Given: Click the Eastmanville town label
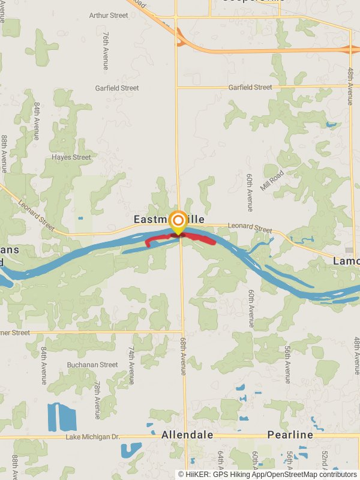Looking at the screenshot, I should click(x=173, y=220).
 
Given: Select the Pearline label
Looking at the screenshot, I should click(x=290, y=434).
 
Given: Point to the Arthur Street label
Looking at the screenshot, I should click(x=109, y=15).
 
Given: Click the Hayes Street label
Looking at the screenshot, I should click(x=71, y=157).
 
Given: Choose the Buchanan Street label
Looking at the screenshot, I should click(x=92, y=364).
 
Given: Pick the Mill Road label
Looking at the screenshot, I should click(x=272, y=181).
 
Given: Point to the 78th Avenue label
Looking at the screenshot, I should click(x=97, y=399).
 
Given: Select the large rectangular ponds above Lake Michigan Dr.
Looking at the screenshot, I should click(x=62, y=417).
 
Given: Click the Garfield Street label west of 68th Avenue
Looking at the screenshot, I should click(x=117, y=88).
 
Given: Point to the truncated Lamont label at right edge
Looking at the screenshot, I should click(x=347, y=262).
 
